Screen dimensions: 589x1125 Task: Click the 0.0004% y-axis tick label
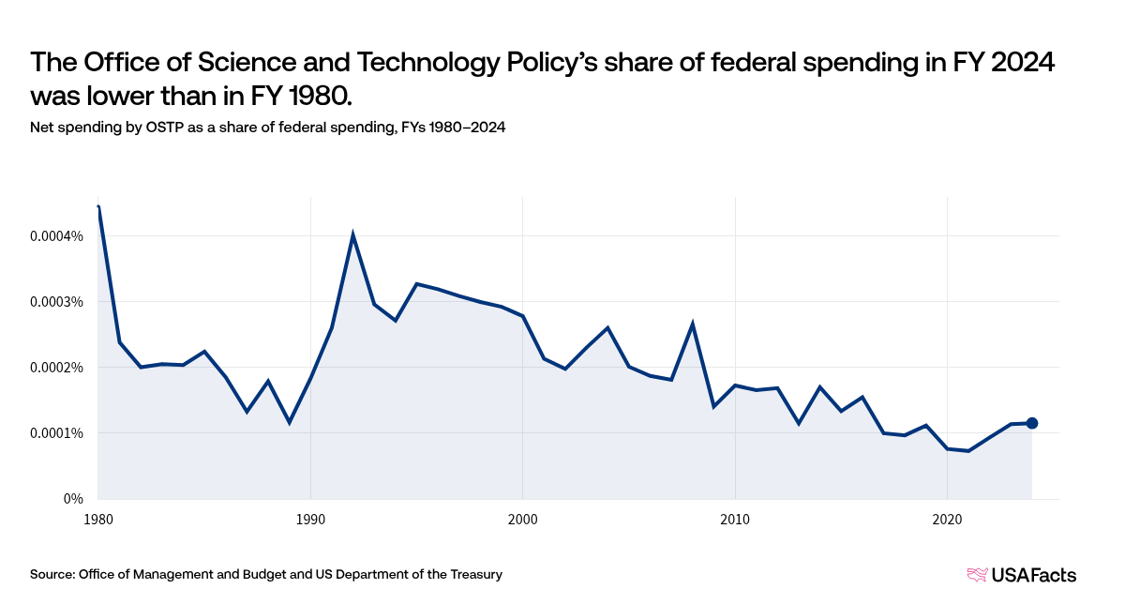pos(57,236)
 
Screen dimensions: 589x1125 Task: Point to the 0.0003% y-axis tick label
pos(57,302)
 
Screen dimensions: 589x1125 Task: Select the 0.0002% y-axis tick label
pos(57,368)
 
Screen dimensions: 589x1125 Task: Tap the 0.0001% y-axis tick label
pos(57,433)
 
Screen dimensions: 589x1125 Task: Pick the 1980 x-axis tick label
pos(98,519)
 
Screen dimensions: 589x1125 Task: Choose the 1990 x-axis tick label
pos(310,519)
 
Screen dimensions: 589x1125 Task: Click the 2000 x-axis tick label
pos(522,519)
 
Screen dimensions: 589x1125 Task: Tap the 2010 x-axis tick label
pos(735,519)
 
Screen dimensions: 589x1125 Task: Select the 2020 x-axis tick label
pos(947,519)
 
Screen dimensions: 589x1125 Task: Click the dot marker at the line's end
pos(1032,423)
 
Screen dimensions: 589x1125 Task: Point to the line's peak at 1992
pos(352,234)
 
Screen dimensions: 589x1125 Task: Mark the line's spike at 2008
pos(692,325)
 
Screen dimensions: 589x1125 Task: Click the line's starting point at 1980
pos(98,207)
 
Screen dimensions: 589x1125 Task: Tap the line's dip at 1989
pos(289,422)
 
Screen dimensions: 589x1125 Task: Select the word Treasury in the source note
pos(475,574)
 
